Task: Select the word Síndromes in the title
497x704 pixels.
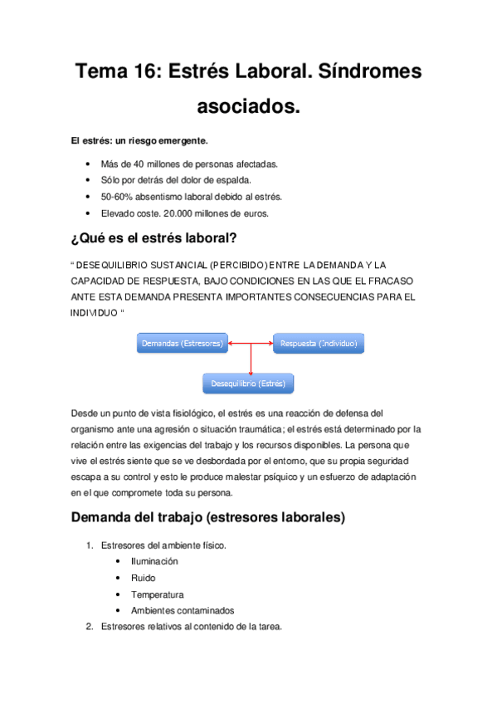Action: (x=368, y=72)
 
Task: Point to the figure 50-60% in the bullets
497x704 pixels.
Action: (x=116, y=197)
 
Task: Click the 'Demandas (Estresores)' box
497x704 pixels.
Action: (x=183, y=343)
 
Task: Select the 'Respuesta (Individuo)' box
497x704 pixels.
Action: (x=318, y=343)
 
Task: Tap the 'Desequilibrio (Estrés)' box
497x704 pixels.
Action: (x=249, y=384)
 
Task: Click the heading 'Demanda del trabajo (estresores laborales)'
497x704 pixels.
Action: (x=208, y=518)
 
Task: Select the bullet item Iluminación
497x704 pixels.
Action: (x=153, y=561)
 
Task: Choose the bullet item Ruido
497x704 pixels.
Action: (x=143, y=578)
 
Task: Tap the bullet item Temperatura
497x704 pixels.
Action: (x=157, y=594)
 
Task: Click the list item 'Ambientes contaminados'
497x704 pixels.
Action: (x=182, y=610)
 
